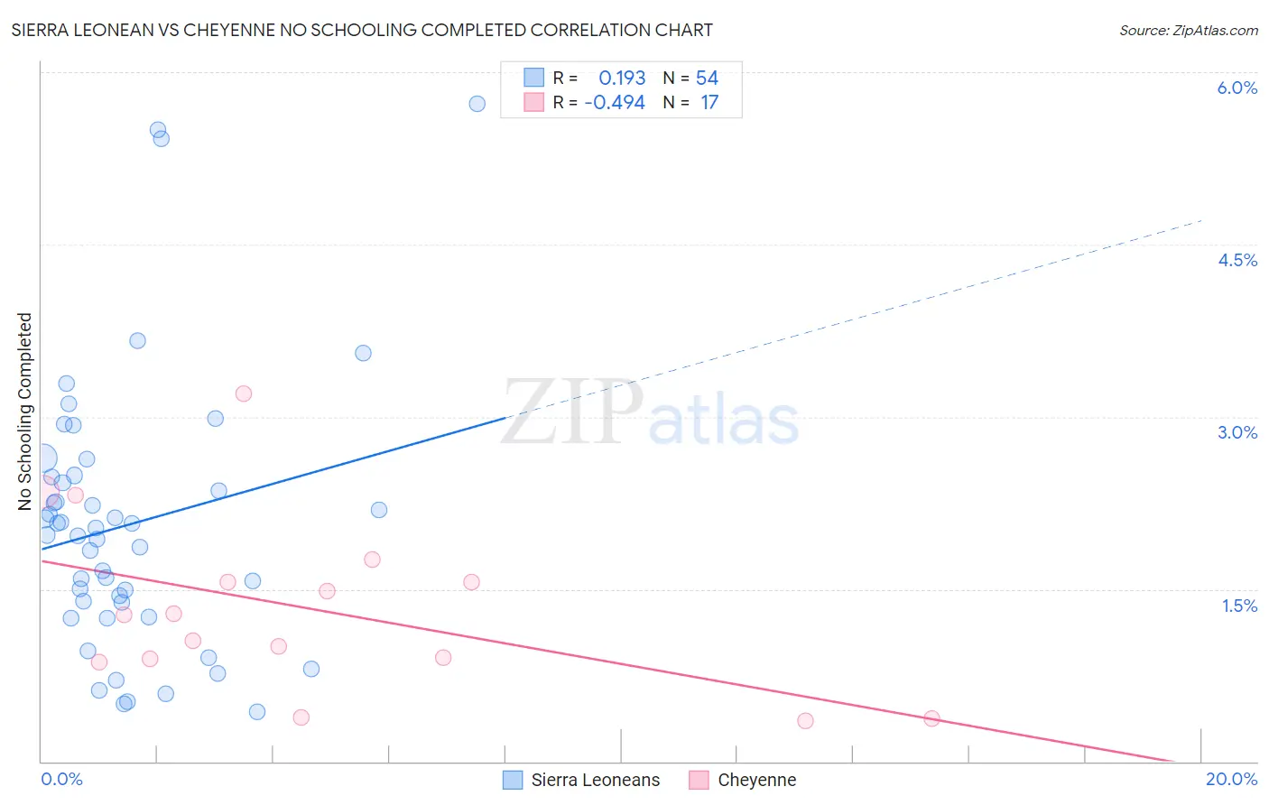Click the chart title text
pyautogui.click(x=362, y=31)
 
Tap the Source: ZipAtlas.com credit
pyautogui.click(x=1188, y=31)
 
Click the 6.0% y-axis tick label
pyautogui.click(x=1237, y=88)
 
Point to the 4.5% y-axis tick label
pyautogui.click(x=1237, y=260)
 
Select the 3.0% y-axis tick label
pyautogui.click(x=1237, y=432)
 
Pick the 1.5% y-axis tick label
pyautogui.click(x=1239, y=606)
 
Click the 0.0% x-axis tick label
pyautogui.click(x=61, y=779)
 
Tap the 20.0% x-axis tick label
pyautogui.click(x=1231, y=779)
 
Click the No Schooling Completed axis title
pyautogui.click(x=25, y=412)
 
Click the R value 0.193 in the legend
pyautogui.click(x=622, y=79)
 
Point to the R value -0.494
pyautogui.click(x=615, y=103)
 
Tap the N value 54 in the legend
pyautogui.click(x=707, y=79)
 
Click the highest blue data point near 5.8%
pyautogui.click(x=477, y=104)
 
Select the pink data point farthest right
pyautogui.click(x=931, y=718)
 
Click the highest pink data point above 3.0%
pyautogui.click(x=243, y=393)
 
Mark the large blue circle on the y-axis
pyautogui.click(x=42, y=459)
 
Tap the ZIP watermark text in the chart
pyautogui.click(x=572, y=413)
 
